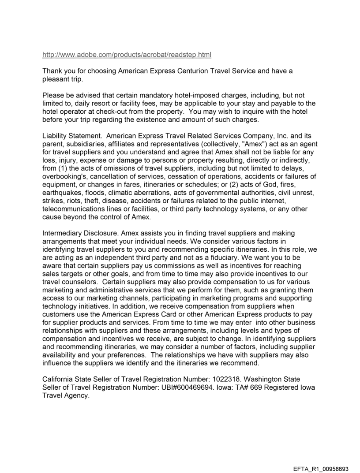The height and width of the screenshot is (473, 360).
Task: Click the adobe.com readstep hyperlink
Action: coord(127,55)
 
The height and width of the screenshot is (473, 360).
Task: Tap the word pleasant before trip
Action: coord(56,79)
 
